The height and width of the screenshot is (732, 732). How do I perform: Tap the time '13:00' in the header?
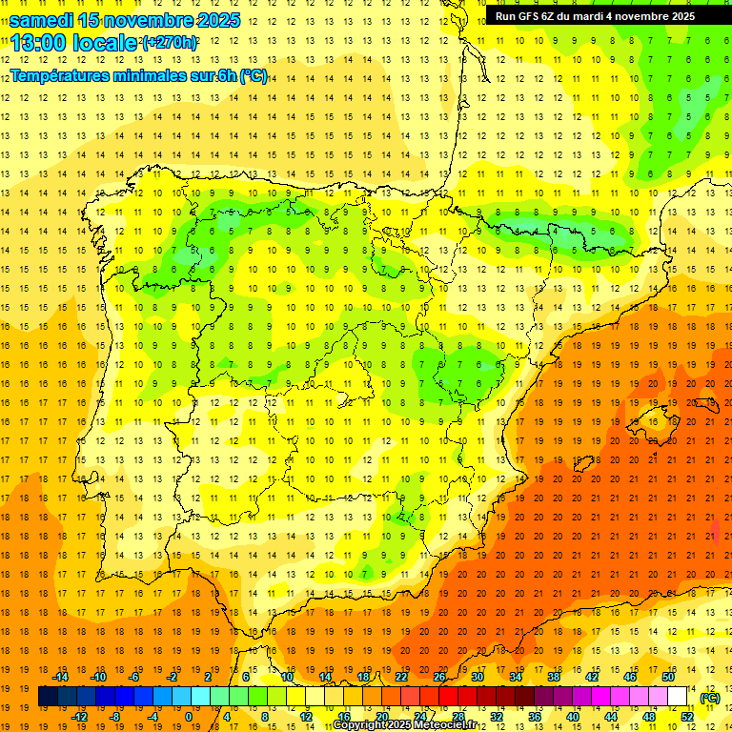tap(39, 43)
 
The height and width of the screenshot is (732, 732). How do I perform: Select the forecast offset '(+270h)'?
tap(170, 43)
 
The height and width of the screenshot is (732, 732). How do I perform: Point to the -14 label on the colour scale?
tap(60, 677)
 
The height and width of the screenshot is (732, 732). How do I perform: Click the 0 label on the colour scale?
tap(188, 717)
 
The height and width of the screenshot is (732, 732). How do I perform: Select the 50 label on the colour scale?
tap(668, 677)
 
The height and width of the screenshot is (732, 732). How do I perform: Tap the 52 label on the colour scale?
tap(687, 717)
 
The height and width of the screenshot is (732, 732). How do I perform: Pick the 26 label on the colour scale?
tap(439, 677)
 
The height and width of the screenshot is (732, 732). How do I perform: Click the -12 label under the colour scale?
tap(79, 717)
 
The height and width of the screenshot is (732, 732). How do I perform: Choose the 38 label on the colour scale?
tap(554, 677)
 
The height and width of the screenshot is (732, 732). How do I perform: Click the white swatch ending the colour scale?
tap(678, 697)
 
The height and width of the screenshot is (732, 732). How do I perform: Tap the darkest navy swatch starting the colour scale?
tap(48, 697)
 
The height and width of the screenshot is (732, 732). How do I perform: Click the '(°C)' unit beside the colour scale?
tap(710, 698)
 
